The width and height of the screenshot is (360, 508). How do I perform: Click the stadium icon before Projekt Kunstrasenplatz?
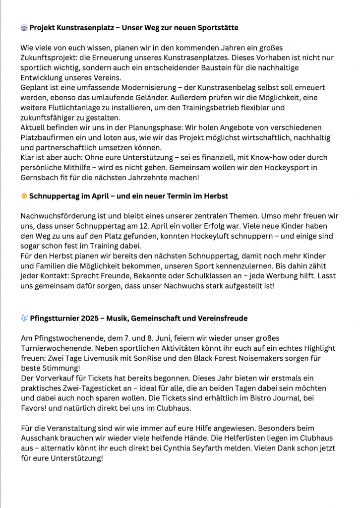tap(24, 28)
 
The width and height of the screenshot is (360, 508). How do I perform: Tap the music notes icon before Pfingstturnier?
tap(24, 318)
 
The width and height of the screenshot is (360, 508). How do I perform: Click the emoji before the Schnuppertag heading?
tap(24, 196)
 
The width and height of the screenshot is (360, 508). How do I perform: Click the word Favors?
tap(35, 408)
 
